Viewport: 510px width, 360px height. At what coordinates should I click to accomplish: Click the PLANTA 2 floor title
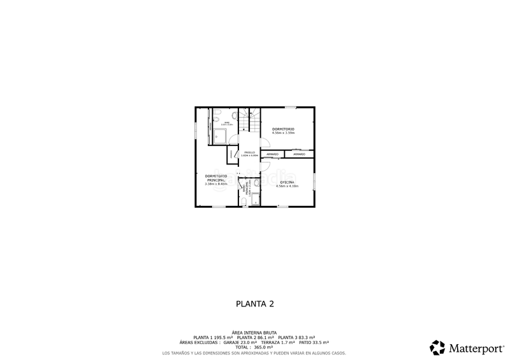tap(254, 304)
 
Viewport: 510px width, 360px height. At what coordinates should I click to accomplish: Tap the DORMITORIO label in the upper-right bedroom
tap(283, 129)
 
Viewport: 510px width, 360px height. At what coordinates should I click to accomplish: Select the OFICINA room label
tap(288, 182)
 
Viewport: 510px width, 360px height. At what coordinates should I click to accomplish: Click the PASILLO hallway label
tap(249, 152)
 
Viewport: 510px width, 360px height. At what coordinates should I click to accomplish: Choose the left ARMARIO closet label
tap(272, 154)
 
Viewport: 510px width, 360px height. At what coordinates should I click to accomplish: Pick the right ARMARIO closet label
tap(299, 154)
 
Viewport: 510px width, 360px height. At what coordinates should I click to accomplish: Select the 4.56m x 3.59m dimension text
tap(283, 133)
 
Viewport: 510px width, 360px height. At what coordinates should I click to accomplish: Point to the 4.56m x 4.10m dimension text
tap(288, 186)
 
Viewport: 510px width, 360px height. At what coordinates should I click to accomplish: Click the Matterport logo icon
tap(437, 347)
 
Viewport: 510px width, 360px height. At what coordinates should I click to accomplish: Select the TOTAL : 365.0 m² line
tap(254, 347)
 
